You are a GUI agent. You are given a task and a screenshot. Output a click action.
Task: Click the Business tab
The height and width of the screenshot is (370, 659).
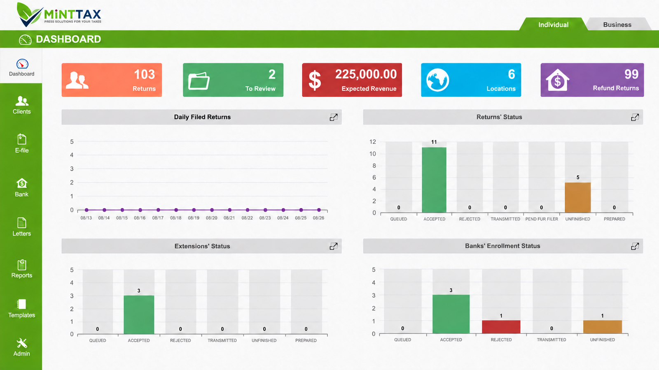617,25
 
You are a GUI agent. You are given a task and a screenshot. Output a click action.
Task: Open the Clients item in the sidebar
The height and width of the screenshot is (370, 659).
21,105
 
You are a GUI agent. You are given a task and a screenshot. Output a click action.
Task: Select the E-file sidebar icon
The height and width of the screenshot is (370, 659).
22,139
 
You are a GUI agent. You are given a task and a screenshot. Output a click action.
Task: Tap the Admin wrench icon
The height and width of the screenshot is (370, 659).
22,343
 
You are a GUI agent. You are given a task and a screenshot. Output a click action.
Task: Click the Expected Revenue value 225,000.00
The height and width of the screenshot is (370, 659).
366,74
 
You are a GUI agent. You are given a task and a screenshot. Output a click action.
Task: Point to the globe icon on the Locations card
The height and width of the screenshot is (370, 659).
437,80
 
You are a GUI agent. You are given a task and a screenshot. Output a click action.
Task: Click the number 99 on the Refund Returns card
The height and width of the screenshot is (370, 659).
631,74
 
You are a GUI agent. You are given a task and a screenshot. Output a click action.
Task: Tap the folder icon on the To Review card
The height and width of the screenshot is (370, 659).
199,81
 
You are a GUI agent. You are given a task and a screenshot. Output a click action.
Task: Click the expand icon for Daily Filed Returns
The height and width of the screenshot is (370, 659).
333,117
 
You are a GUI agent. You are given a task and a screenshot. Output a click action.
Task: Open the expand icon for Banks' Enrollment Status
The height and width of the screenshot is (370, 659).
635,246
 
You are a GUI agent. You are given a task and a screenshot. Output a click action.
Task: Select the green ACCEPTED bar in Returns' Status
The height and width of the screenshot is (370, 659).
434,180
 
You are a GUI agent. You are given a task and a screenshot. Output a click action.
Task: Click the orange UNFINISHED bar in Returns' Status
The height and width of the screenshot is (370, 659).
577,197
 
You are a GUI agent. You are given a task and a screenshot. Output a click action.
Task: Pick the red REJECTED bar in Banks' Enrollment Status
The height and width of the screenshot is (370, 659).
501,327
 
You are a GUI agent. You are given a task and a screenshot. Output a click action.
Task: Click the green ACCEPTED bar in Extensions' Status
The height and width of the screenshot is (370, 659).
139,315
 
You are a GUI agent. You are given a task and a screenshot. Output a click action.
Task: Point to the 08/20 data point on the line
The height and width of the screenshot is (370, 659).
212,210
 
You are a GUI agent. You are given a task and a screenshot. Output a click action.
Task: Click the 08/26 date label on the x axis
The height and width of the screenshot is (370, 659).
318,218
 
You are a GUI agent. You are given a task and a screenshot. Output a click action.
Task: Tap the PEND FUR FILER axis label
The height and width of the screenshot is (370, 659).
542,219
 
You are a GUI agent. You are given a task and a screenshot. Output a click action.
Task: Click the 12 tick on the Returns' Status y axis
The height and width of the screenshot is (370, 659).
373,142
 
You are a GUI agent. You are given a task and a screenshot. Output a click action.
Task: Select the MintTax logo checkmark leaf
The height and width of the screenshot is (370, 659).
29,15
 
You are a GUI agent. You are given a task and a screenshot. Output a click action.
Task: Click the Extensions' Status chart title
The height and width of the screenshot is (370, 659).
202,246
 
